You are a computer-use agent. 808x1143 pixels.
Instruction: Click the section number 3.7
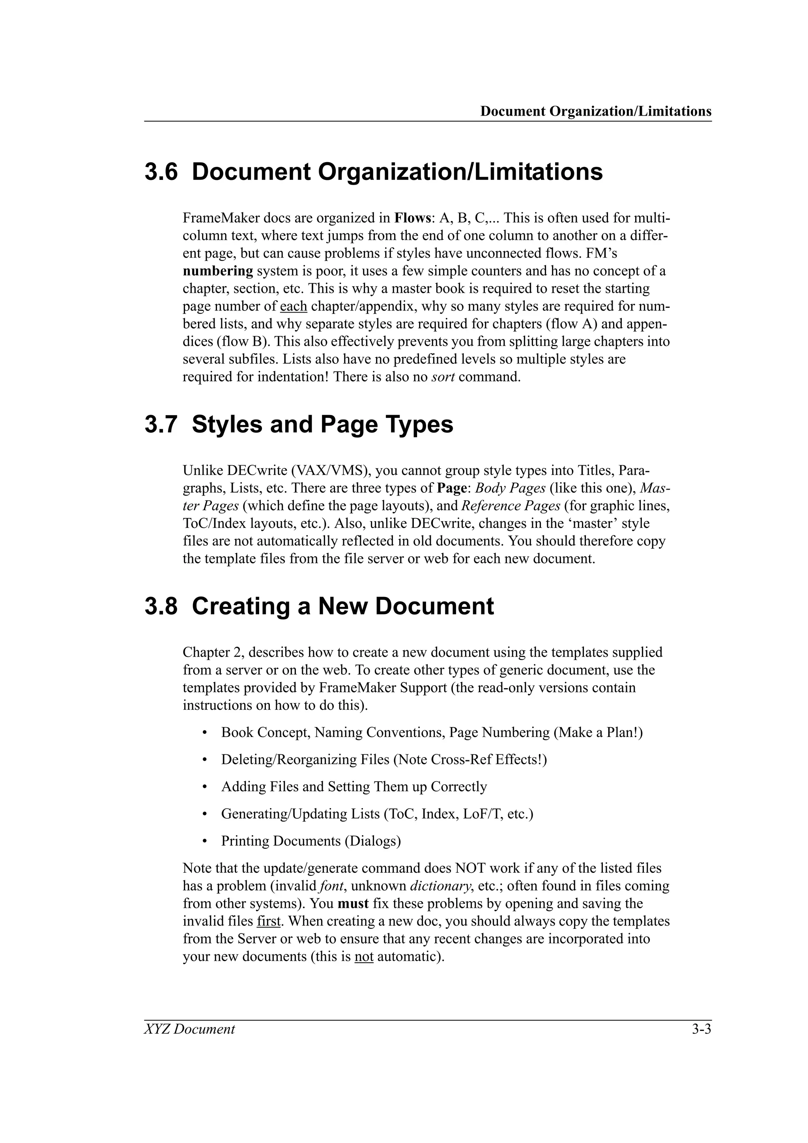(161, 425)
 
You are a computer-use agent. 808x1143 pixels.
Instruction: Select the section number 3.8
(161, 606)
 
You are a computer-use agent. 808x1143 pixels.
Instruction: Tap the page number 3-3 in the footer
(701, 1029)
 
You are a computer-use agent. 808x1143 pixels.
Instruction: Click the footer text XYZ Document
(189, 1029)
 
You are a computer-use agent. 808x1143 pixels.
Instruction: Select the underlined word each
(293, 306)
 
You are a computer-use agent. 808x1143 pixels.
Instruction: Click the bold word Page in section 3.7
(451, 488)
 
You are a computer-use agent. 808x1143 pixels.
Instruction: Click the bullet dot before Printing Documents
(205, 841)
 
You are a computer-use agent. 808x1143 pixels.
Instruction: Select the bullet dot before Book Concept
(205, 733)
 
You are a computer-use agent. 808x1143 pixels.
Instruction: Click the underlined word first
(269, 921)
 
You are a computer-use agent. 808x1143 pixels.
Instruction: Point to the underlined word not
(363, 956)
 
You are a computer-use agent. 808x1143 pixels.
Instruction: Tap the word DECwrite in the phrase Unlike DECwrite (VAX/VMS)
(257, 470)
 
